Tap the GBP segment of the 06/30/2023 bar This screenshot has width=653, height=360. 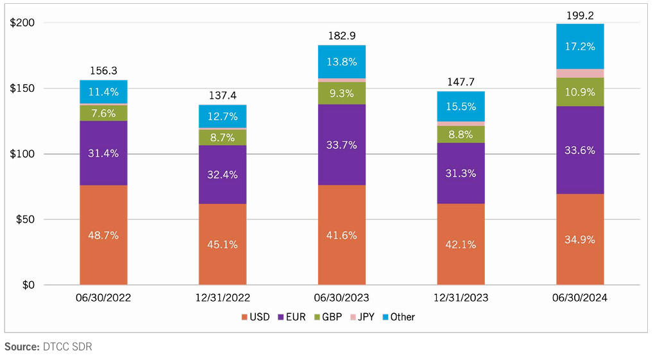pyautogui.click(x=342, y=93)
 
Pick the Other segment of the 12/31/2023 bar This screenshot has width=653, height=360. pyautogui.click(x=461, y=107)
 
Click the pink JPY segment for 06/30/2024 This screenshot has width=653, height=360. pyautogui.click(x=580, y=73)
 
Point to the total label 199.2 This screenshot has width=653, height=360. pyautogui.click(x=580, y=13)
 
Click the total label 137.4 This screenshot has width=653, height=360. pyautogui.click(x=223, y=96)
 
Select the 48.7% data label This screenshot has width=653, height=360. pyautogui.click(x=103, y=236)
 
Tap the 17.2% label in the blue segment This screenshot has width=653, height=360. pyautogui.click(x=580, y=47)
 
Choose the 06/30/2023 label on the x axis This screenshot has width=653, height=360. pyautogui.click(x=342, y=298)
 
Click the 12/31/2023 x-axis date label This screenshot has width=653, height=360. pyautogui.click(x=461, y=298)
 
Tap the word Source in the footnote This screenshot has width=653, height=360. pyautogui.click(x=21, y=347)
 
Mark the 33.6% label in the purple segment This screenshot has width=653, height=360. pyautogui.click(x=580, y=150)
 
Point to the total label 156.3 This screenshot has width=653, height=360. pyautogui.click(x=103, y=71)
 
